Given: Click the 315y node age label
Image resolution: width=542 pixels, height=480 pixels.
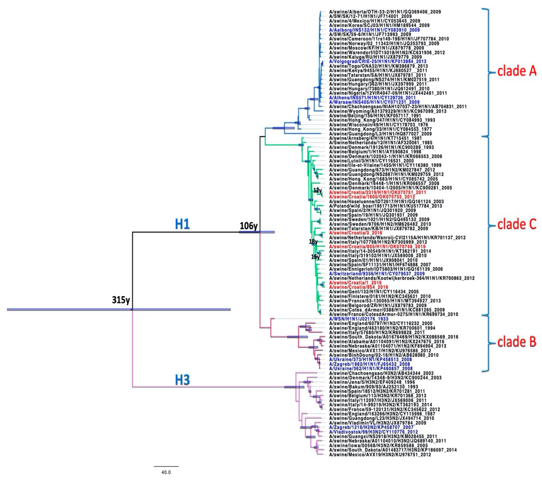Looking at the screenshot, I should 121,300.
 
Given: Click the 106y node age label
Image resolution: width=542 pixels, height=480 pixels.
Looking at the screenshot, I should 249,226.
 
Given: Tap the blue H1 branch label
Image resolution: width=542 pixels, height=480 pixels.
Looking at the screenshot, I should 182,224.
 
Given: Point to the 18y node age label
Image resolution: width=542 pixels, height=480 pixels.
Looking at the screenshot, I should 313,241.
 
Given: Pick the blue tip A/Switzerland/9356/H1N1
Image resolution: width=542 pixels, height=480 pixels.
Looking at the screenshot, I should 377,274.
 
